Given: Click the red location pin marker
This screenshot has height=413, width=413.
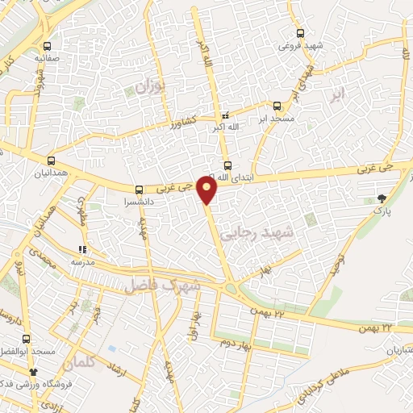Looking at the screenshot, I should pyautogui.click(x=208, y=190).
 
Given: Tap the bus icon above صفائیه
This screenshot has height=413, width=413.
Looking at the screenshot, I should pyautogui.click(x=48, y=46).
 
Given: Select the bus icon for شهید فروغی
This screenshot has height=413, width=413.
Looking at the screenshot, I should pyautogui.click(x=300, y=33).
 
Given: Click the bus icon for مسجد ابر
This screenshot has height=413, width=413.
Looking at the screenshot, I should pyautogui.click(x=277, y=106).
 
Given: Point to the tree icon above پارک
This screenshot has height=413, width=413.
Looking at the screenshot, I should pyautogui.click(x=382, y=198).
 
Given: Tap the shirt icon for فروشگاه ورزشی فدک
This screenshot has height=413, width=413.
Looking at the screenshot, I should pyautogui.click(x=34, y=372).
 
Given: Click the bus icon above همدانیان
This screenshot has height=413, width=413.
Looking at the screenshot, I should pyautogui.click(x=52, y=161).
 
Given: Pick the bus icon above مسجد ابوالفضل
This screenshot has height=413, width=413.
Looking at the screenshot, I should pyautogui.click(x=26, y=339).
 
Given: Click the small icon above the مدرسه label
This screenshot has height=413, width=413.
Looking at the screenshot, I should pyautogui.click(x=81, y=250).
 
